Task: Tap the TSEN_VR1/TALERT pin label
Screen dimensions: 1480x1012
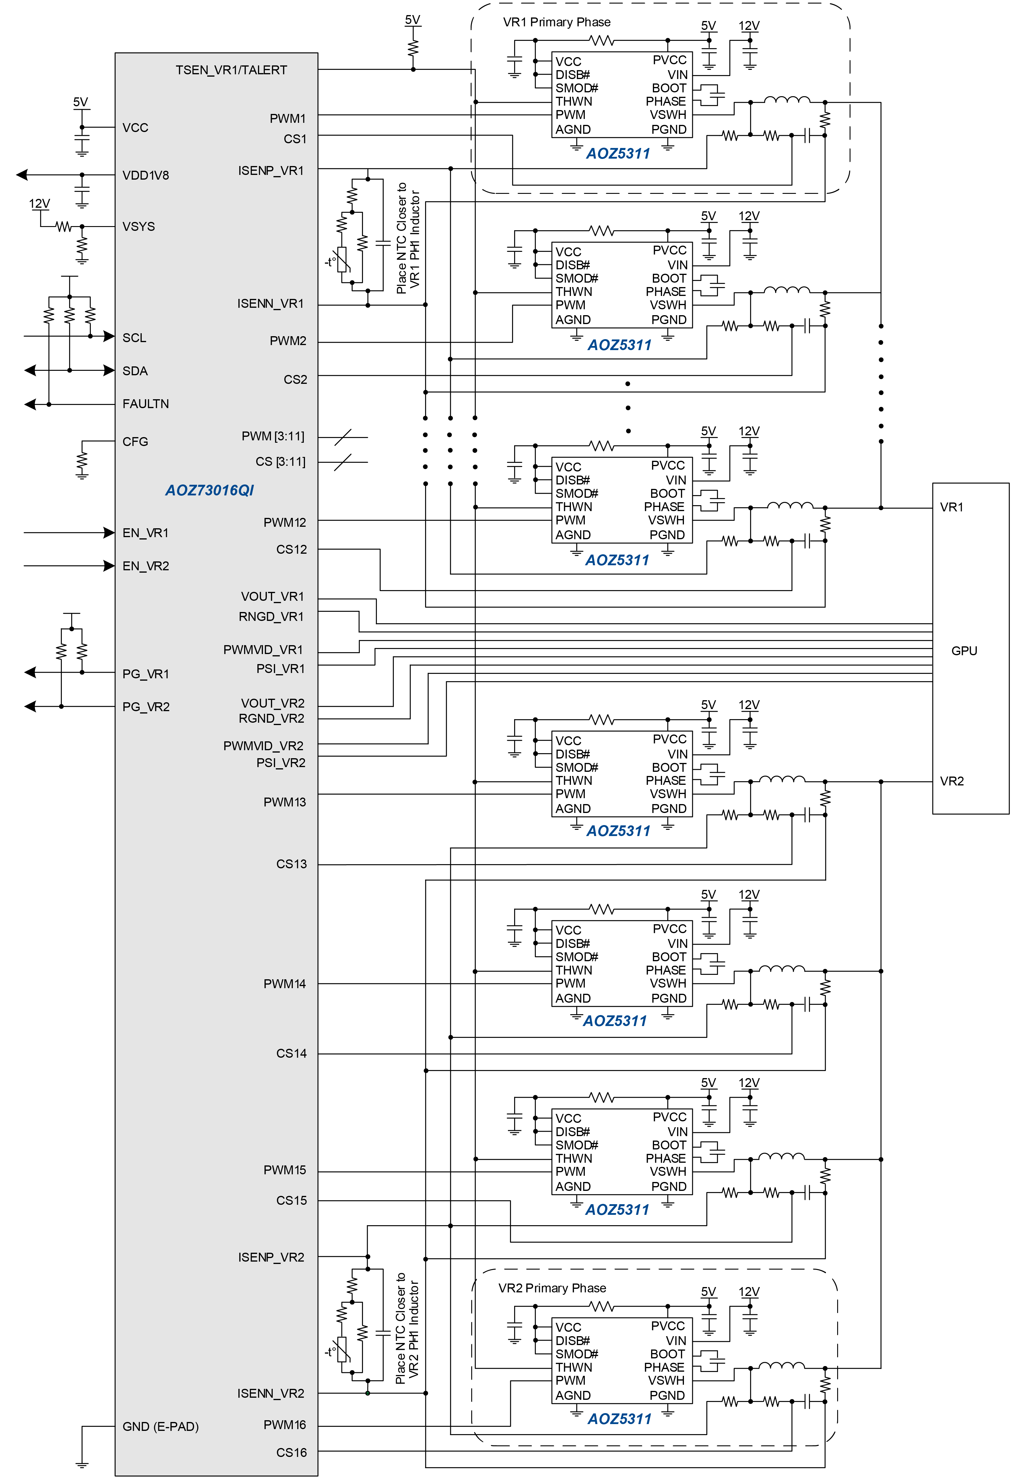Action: click(231, 70)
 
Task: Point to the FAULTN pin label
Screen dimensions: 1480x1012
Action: click(146, 404)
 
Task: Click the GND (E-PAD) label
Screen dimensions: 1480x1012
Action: click(160, 1426)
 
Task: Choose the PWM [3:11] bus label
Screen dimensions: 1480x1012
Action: click(272, 436)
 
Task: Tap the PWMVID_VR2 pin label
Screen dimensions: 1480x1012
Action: click(263, 746)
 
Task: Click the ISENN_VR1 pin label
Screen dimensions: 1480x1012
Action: click(270, 304)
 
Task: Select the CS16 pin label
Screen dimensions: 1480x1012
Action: click(291, 1452)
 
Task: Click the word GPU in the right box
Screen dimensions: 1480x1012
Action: click(963, 651)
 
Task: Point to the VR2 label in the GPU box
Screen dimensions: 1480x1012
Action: click(952, 781)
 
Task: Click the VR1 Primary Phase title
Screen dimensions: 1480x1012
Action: click(556, 22)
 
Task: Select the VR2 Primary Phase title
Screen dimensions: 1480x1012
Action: click(552, 1288)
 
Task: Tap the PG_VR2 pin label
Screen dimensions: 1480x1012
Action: click(146, 707)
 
